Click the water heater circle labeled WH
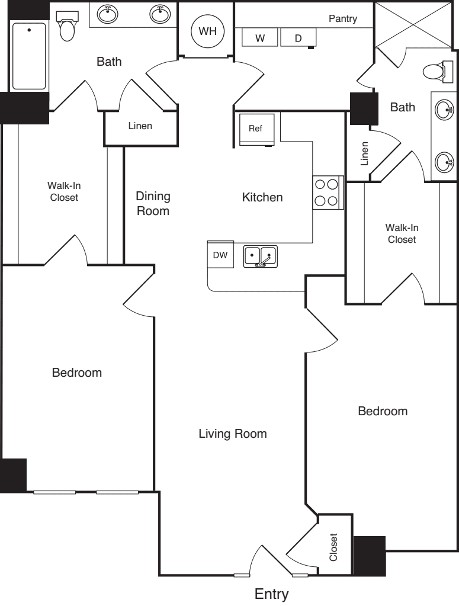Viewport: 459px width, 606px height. tap(207, 31)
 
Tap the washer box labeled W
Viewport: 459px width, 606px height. tap(259, 38)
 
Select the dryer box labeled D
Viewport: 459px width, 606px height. tap(298, 38)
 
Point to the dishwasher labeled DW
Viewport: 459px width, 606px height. tap(220, 255)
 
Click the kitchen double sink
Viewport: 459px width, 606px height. tap(260, 256)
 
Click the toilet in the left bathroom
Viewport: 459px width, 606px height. tap(68, 26)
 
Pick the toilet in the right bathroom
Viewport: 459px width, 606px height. tap(435, 72)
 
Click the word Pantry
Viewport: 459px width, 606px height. tap(343, 19)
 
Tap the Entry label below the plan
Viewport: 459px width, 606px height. tap(272, 594)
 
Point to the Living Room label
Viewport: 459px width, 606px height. tap(233, 434)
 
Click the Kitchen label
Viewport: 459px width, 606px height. tap(262, 197)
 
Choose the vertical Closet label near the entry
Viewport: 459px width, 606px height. tap(333, 547)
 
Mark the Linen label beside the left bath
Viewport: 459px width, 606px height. tap(140, 126)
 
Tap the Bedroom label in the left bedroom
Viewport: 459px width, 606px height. tap(77, 373)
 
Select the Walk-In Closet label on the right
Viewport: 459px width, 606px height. tap(402, 233)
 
